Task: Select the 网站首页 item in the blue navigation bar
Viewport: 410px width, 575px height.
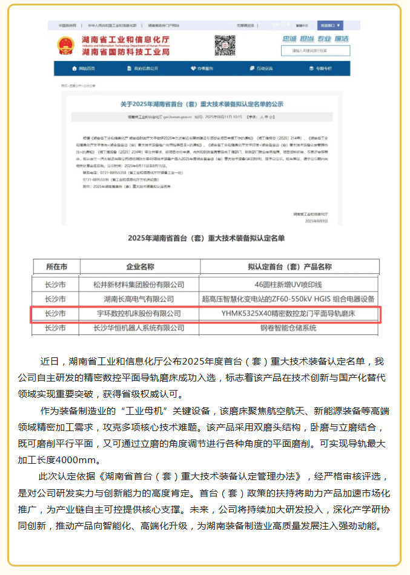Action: (x=84, y=68)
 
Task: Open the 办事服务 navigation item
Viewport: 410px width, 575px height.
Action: (x=202, y=68)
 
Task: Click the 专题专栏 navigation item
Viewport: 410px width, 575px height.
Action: (x=321, y=68)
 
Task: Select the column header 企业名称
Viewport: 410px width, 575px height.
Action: (x=141, y=267)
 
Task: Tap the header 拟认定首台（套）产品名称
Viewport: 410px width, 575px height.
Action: (x=289, y=267)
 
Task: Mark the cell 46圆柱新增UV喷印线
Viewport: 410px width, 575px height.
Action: (x=289, y=284)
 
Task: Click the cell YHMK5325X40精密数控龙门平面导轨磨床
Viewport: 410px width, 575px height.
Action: (x=289, y=314)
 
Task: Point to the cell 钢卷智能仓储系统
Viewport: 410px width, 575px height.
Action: (x=289, y=328)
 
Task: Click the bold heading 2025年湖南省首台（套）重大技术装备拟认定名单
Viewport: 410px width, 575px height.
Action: (x=205, y=238)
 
